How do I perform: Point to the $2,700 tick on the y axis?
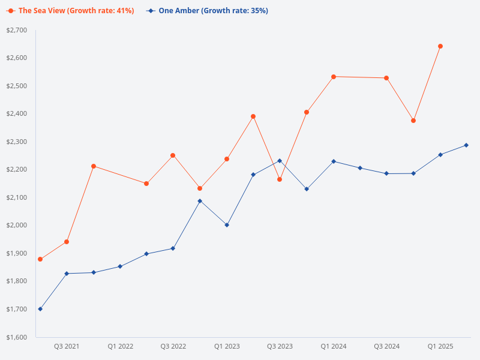17,30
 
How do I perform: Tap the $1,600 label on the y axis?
17,337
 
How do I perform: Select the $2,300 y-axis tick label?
17,142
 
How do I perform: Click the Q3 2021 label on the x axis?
67,346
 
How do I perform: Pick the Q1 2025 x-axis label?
440,346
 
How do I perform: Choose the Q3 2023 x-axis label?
280,346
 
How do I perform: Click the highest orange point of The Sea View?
440,46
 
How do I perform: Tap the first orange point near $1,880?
40,259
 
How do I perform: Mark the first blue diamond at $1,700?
40,309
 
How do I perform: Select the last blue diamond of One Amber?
466,145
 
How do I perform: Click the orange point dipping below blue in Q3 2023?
280,179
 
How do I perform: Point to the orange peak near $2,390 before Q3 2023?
253,116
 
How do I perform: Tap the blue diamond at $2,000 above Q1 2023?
227,225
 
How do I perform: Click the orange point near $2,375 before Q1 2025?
413,121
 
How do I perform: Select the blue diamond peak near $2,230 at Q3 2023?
280,161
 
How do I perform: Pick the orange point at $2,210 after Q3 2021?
94,166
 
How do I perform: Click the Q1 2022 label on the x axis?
120,346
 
